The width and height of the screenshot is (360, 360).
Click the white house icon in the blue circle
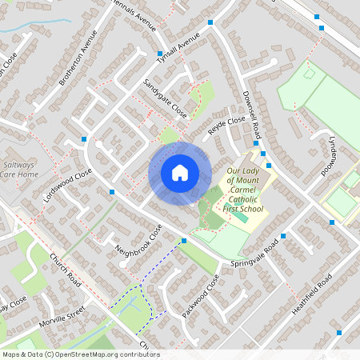[x=180, y=173]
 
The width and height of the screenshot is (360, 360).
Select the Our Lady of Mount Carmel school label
[x=244, y=190]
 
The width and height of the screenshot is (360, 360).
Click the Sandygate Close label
[x=164, y=98]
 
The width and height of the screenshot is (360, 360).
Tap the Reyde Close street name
[x=226, y=126]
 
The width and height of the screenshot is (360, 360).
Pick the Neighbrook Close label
[x=138, y=241]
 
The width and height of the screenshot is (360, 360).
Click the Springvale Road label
[x=254, y=255]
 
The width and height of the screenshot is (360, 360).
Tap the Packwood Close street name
[x=200, y=297]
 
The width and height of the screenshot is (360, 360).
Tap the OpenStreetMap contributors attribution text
[x=80, y=354]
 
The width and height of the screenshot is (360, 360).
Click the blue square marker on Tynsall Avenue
[x=159, y=54]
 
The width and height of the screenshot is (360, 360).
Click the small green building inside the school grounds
[x=239, y=217]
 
